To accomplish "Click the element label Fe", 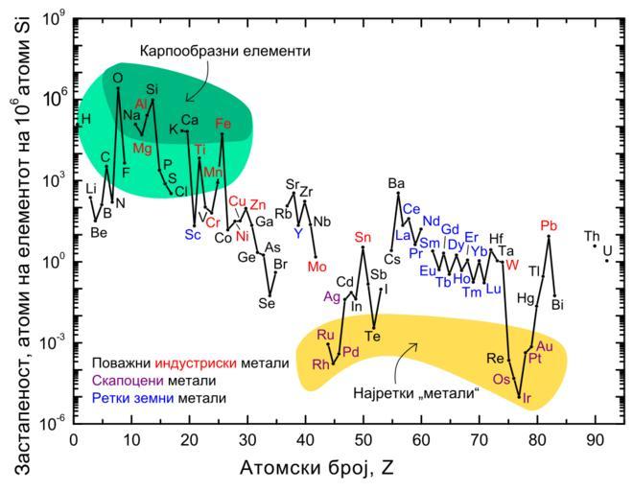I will tap(223, 124).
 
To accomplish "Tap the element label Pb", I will tap(549, 225).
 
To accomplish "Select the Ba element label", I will tap(396, 183).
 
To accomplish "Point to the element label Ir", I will tap(527, 396).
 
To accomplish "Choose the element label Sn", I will tap(362, 237).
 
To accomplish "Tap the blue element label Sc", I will tap(193, 234).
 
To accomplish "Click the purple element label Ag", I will tap(333, 297).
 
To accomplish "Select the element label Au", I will tap(545, 345).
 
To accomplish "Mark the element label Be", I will tap(98, 231).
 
